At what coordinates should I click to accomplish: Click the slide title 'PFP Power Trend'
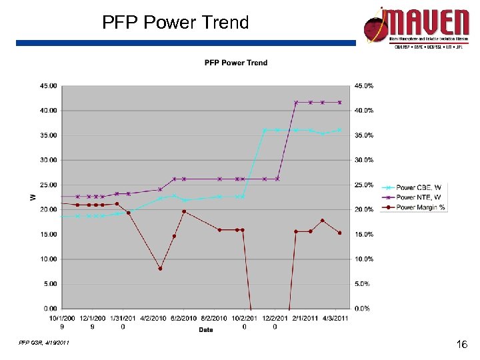[175, 23]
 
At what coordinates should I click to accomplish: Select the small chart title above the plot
[235, 63]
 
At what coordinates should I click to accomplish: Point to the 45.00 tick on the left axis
[49, 85]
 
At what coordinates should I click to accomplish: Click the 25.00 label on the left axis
[49, 185]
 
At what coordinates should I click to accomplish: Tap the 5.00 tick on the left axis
[51, 283]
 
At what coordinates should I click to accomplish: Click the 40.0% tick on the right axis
[363, 110]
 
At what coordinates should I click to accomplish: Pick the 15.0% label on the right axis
[363, 235]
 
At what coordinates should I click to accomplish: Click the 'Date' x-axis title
[206, 329]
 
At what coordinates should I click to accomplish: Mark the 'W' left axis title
[32, 197]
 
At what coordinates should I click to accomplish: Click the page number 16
[461, 345]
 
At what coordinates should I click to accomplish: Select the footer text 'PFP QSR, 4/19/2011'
[44, 343]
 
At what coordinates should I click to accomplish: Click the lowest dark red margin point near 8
[160, 269]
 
